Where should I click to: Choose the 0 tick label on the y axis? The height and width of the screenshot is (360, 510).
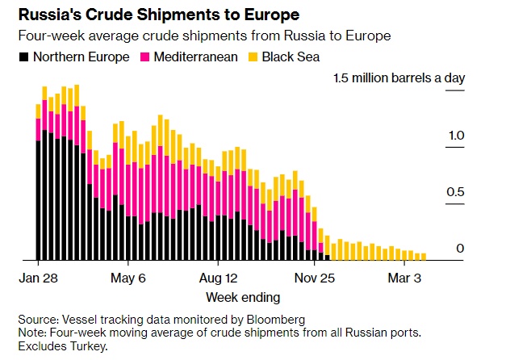pyautogui.click(x=460, y=248)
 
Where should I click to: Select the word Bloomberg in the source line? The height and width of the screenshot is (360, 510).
pyautogui.click(x=278, y=320)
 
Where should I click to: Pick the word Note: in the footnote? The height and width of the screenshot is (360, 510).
pyautogui.click(x=34, y=333)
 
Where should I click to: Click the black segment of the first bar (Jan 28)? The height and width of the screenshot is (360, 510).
pyautogui.click(x=38, y=202)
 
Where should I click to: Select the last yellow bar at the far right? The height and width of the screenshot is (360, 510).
pyautogui.click(x=423, y=257)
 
